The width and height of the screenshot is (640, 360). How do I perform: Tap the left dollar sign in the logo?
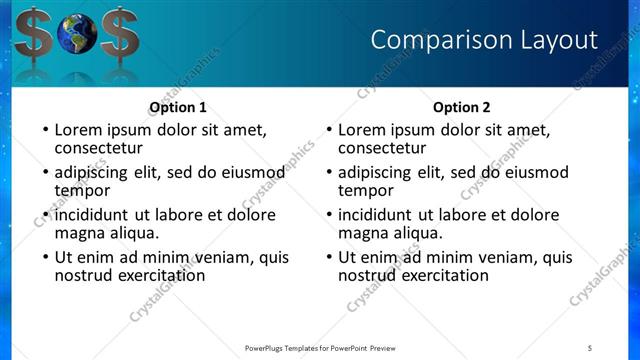27,33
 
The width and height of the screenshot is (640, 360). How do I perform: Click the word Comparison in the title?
433,40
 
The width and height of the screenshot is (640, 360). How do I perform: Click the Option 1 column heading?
178,107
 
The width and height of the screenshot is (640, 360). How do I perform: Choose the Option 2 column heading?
462,107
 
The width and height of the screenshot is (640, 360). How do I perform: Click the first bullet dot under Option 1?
43,130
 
